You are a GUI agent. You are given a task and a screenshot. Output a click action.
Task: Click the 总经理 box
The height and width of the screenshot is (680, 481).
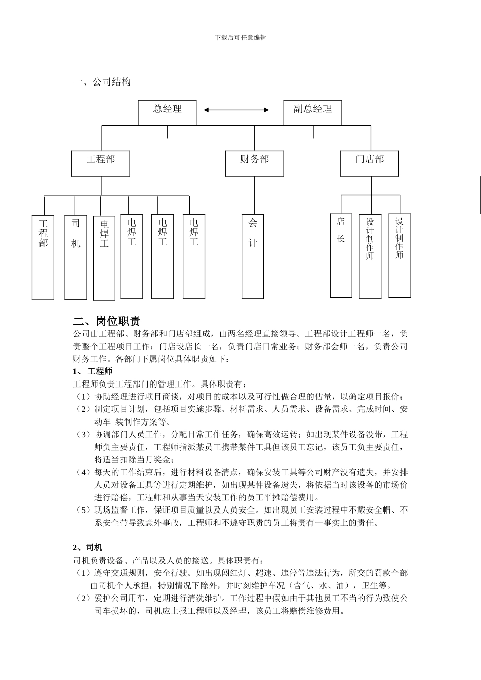click(167, 112)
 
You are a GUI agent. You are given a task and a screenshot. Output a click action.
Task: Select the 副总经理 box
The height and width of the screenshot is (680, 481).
click(312, 112)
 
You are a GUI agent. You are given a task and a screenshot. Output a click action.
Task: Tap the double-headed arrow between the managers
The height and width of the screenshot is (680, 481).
click(236, 109)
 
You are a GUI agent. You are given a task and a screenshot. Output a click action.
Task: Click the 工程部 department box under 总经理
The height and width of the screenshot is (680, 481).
click(101, 163)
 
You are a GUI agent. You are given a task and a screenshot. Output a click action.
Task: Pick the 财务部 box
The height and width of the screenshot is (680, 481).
click(254, 163)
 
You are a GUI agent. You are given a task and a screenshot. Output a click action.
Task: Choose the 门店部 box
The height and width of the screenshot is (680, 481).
click(370, 163)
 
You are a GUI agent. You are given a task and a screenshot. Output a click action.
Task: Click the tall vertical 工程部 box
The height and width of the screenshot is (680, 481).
click(43, 257)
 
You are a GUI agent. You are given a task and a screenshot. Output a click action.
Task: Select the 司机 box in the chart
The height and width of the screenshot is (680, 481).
click(75, 257)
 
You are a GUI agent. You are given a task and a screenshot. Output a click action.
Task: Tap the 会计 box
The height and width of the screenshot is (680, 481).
click(253, 257)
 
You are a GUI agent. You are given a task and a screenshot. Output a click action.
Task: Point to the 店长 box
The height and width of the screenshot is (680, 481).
click(341, 256)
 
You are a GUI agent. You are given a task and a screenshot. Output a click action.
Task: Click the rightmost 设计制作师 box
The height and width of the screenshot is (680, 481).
click(399, 256)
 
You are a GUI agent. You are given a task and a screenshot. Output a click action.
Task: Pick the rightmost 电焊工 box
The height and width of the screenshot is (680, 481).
click(194, 257)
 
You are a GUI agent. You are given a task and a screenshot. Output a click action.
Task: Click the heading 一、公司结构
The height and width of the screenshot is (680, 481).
click(102, 82)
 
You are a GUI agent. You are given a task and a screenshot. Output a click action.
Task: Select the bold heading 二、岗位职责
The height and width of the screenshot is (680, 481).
click(107, 321)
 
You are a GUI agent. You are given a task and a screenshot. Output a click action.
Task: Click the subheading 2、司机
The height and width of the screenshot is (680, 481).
click(88, 547)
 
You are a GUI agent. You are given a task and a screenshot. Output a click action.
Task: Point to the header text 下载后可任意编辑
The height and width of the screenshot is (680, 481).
click(240, 38)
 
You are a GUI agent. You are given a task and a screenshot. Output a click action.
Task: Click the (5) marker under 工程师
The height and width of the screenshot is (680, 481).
click(84, 510)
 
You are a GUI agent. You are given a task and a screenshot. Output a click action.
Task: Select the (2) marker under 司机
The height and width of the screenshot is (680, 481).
click(84, 598)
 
